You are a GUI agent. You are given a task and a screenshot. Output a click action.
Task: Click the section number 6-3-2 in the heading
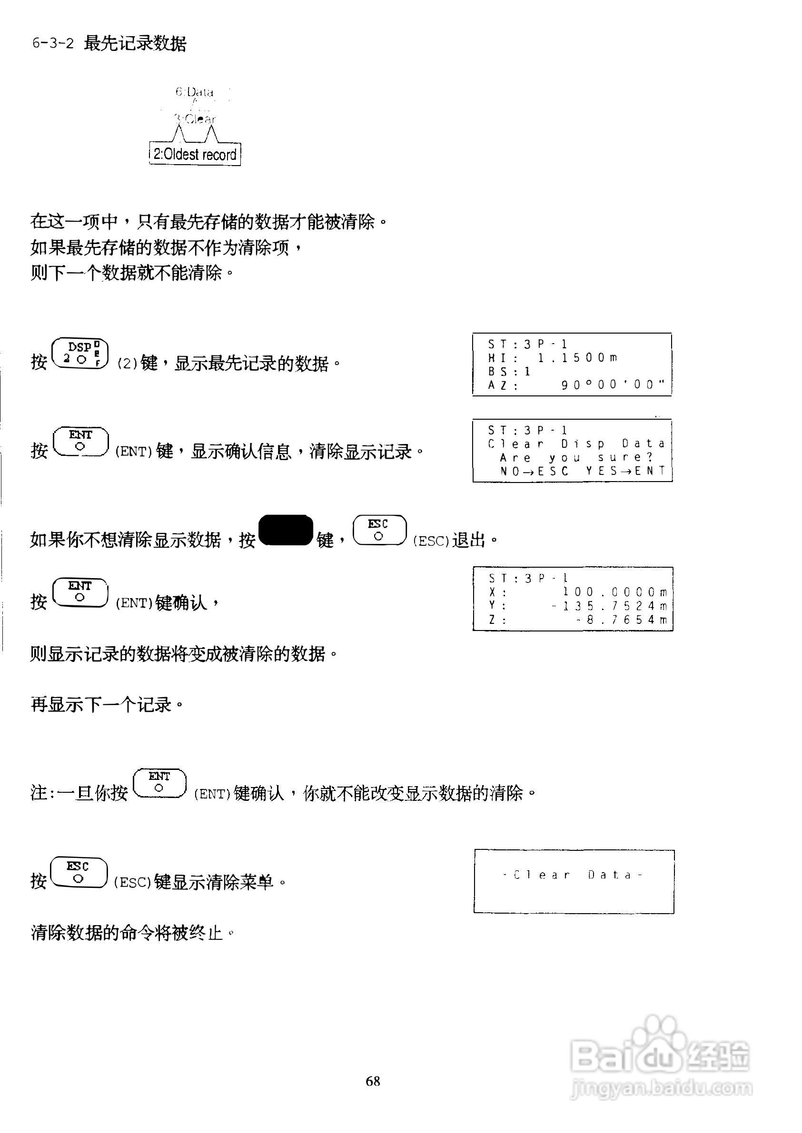click(x=53, y=43)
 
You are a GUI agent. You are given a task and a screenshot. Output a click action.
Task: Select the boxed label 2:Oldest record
click(x=195, y=155)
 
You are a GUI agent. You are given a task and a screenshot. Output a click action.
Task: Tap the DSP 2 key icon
click(x=80, y=353)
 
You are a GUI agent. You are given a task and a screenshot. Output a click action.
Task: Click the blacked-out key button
click(x=286, y=530)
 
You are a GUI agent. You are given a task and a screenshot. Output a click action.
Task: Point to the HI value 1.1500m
click(x=577, y=358)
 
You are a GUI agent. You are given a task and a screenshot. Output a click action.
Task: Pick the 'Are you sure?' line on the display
click(x=576, y=458)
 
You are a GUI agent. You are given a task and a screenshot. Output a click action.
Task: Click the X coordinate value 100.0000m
click(x=615, y=592)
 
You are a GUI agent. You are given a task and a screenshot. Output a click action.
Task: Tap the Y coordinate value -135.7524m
click(x=609, y=606)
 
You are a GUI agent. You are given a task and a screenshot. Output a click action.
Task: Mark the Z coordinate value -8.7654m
click(x=622, y=620)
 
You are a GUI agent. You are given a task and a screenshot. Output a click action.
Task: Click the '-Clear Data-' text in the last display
click(x=573, y=875)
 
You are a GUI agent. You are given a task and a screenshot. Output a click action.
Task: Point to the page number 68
click(x=373, y=1081)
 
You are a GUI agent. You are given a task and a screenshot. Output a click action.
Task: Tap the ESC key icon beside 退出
click(x=379, y=530)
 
